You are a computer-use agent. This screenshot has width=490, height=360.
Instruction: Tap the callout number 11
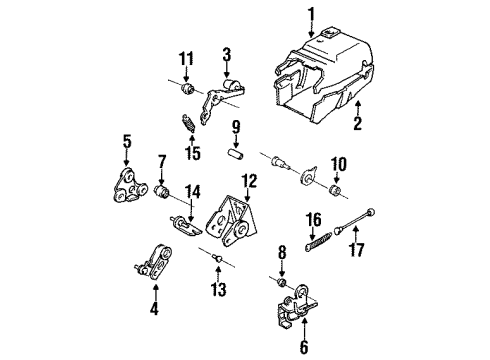tap(185, 59)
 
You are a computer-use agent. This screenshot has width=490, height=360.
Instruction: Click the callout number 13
tap(218, 294)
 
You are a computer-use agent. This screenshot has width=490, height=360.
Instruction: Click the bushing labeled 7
tap(164, 190)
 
